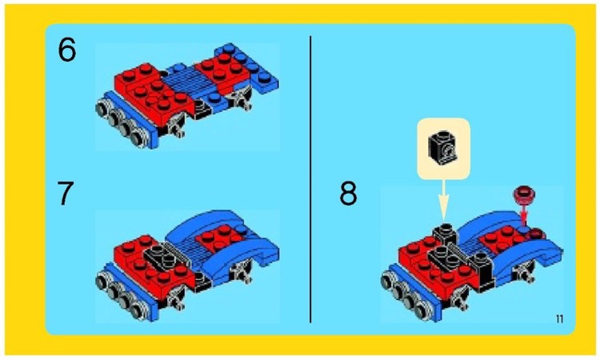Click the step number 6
(x=68, y=52)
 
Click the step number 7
(x=68, y=195)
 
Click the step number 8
(x=349, y=195)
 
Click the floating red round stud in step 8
(x=525, y=193)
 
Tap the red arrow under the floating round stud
(x=525, y=214)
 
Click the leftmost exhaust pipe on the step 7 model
(x=105, y=281)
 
